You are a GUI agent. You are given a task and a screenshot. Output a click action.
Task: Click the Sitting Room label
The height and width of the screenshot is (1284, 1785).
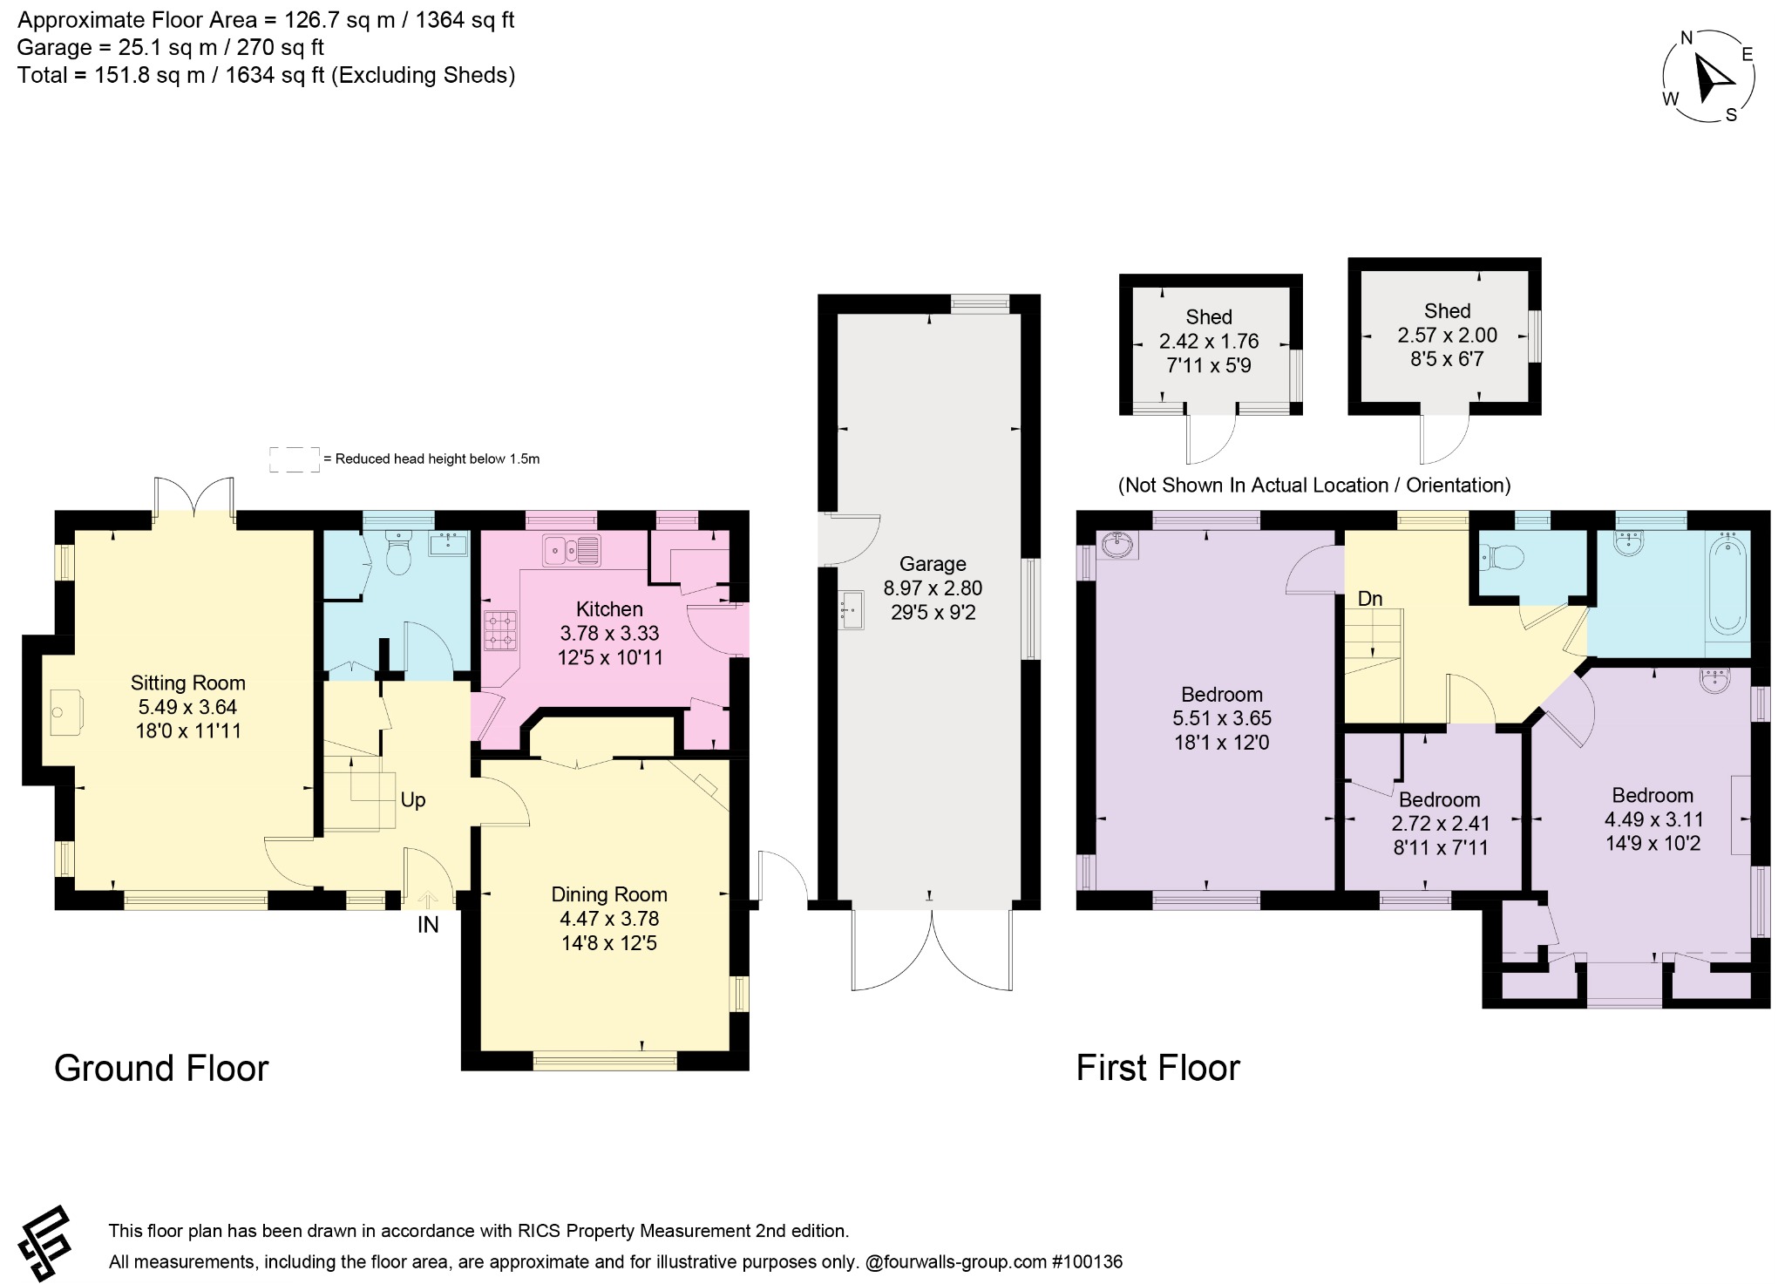[188, 683]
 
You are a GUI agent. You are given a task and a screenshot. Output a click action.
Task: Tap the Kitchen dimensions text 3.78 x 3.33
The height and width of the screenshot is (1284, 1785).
[609, 634]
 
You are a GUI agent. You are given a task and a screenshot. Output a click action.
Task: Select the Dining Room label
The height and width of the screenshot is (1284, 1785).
[609, 894]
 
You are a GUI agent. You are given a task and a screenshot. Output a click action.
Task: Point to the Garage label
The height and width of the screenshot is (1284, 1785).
[933, 564]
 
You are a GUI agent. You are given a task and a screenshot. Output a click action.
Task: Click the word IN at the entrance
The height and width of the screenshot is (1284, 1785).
[428, 925]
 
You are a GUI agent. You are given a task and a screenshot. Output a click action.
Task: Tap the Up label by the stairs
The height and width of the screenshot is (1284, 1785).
[413, 799]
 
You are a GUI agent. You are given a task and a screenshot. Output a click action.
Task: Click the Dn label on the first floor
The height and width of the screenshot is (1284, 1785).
[1370, 598]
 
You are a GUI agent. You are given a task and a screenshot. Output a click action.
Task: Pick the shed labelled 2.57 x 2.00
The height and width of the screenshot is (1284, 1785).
[1445, 336]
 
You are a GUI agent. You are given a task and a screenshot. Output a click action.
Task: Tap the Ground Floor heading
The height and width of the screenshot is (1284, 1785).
[161, 1068]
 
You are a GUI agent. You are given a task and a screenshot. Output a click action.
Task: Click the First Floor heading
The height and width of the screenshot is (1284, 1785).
[1158, 1068]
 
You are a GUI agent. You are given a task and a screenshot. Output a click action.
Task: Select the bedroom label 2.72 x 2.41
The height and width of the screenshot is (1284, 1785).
[1441, 824]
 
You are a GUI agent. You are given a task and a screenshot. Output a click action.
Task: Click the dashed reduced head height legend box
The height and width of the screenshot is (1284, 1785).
[294, 459]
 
